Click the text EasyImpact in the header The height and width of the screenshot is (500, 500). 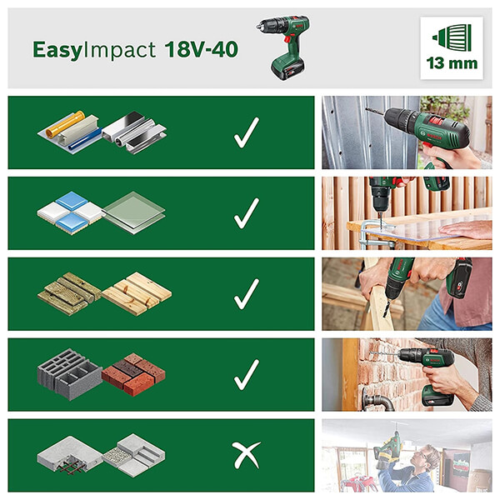(94, 50)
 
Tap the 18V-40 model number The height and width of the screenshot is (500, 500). (202, 49)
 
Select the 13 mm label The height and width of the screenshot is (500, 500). (452, 63)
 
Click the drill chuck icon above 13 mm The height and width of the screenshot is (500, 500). (452, 37)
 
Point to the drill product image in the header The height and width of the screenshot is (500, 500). (283, 47)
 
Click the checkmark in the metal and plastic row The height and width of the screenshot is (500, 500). (246, 132)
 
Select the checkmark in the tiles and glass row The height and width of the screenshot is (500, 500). (246, 213)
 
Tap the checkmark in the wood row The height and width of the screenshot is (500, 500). (246, 294)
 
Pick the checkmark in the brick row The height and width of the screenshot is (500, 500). (246, 375)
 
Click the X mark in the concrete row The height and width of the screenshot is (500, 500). (246, 455)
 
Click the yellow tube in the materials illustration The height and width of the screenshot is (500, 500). (65, 124)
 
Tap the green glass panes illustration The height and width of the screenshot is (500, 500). (134, 213)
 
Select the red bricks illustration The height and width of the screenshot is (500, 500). (133, 373)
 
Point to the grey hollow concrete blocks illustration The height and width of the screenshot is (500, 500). (70, 375)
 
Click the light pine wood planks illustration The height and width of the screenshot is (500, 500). (137, 293)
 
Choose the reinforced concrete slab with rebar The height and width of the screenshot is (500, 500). (69, 454)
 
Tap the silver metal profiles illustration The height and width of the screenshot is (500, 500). (134, 132)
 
